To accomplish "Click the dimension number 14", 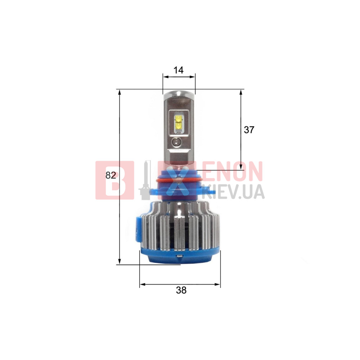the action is click(179, 70).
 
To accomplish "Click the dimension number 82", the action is click(111, 175).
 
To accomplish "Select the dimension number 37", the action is click(249, 130).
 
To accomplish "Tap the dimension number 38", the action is click(181, 291).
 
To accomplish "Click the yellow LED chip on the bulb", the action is click(179, 122).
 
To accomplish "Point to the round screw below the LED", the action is click(176, 142).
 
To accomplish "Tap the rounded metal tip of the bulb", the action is click(179, 94).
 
